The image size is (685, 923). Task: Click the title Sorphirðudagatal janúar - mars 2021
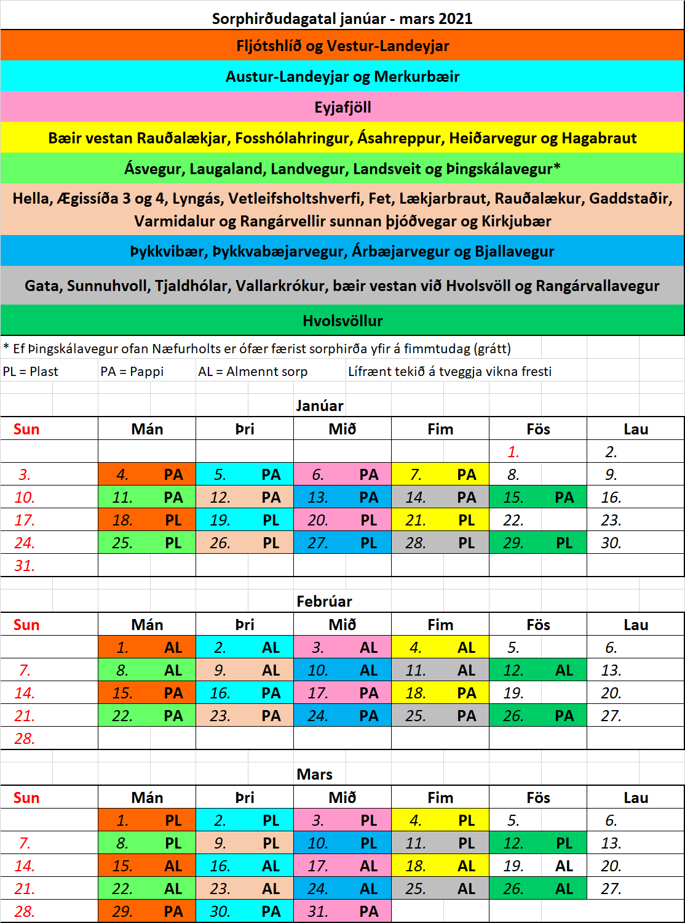pos(342,18)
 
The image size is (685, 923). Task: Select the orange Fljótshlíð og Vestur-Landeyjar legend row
pos(342,46)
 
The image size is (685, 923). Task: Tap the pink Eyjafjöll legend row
pos(342,108)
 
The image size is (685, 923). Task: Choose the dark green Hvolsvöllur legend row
pos(342,321)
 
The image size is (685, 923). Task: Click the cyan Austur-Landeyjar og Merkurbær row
pos(342,77)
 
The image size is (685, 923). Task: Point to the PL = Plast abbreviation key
pos(31,372)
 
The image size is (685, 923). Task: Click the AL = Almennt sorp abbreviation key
pos(253,372)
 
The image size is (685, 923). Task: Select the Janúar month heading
pos(320,406)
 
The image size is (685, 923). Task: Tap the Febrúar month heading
pos(324,601)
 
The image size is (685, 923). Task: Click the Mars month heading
pos(315,774)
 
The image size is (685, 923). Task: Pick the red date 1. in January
pos(513,452)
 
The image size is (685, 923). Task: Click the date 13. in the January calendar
pos(318,497)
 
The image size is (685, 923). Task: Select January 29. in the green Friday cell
pos(513,543)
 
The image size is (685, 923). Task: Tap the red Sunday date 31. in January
pos(25,565)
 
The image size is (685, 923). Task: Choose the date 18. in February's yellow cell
pos(416,693)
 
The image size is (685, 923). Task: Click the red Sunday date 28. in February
pos(25,738)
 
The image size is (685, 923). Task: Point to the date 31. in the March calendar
pos(318,911)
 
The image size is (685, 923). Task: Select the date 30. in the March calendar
pos(220,911)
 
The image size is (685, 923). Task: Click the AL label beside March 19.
pos(564,866)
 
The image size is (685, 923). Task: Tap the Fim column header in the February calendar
pos(440,625)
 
